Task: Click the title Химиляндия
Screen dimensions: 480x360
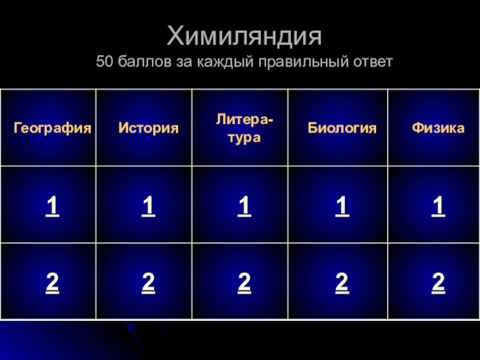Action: click(x=244, y=36)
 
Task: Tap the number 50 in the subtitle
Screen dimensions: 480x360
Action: click(x=104, y=61)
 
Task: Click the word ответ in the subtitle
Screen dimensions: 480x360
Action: click(x=373, y=62)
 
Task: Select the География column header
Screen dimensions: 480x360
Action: click(x=52, y=128)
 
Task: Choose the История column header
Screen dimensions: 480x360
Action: click(x=148, y=128)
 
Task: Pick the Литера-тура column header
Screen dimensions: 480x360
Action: click(x=244, y=128)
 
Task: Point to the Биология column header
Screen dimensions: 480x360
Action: click(x=342, y=128)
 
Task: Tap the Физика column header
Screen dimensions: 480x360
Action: click(x=438, y=128)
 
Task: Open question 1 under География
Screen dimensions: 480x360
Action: click(x=52, y=206)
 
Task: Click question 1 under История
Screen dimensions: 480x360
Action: click(x=148, y=206)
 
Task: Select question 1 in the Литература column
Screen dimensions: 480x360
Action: click(x=244, y=206)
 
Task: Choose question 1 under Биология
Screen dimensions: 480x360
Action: click(x=342, y=206)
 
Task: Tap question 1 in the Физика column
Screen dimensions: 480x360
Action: click(x=439, y=206)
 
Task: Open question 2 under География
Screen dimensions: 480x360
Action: click(x=52, y=283)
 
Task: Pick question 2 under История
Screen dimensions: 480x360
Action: click(x=148, y=283)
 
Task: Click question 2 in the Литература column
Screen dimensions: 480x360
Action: click(x=244, y=283)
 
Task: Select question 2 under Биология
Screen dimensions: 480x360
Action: click(x=342, y=283)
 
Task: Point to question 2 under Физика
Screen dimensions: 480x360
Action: click(x=439, y=283)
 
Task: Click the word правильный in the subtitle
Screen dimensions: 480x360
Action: click(x=304, y=62)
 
